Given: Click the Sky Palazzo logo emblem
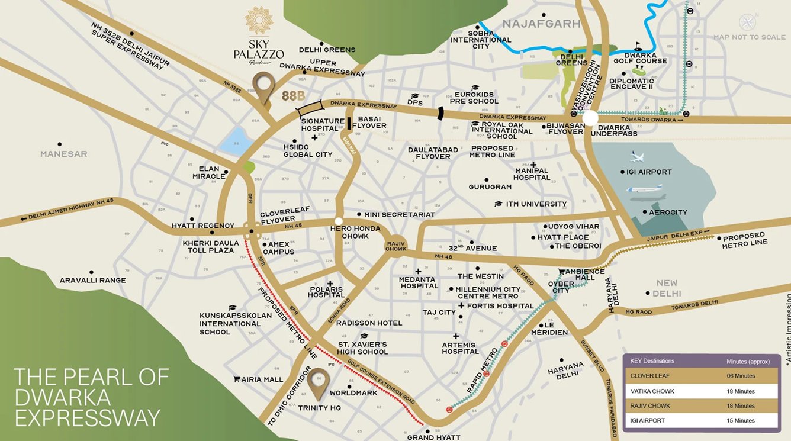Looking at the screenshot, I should click(x=259, y=21).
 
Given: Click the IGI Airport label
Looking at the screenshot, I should click(x=649, y=172).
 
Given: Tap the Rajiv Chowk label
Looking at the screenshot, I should click(x=396, y=245).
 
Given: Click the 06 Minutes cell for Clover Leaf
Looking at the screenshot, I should click(x=741, y=375).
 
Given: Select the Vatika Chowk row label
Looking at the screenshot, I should click(x=652, y=391).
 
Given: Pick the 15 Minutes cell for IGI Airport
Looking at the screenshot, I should click(x=741, y=420).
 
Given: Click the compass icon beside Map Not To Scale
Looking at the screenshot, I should click(x=747, y=22).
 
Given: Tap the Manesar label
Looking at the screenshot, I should click(x=63, y=154).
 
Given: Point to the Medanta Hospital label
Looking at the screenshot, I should click(x=419, y=282).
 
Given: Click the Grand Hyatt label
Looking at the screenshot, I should click(x=433, y=437).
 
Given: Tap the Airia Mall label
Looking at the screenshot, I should click(x=263, y=379).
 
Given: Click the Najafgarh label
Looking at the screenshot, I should click(x=532, y=24).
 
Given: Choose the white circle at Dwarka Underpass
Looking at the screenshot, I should click(x=590, y=119).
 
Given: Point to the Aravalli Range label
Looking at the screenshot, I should click(x=92, y=280).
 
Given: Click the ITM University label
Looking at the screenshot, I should click(x=536, y=204).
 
